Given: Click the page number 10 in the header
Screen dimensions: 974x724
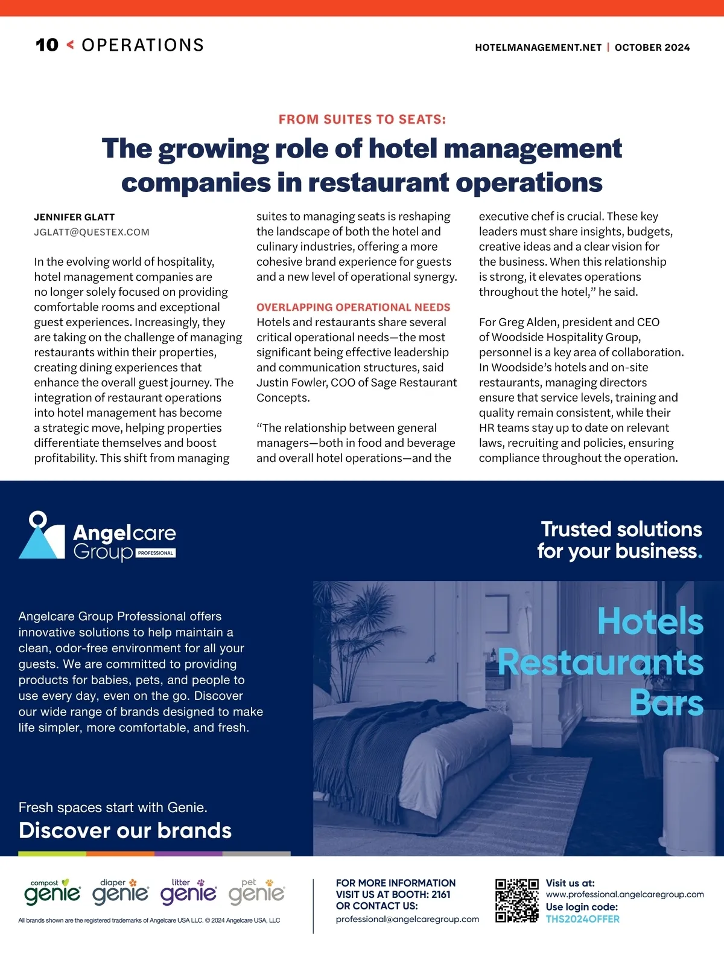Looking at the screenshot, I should (x=47, y=45).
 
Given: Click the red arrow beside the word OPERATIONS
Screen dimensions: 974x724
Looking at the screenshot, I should (x=70, y=45).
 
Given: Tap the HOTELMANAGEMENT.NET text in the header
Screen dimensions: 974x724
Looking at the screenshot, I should (x=538, y=48).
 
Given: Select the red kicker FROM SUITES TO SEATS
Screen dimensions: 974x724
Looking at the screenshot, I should (x=362, y=120).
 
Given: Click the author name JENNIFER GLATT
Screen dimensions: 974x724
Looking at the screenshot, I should (x=74, y=217).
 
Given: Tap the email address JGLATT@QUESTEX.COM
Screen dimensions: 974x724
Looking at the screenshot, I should (x=92, y=232).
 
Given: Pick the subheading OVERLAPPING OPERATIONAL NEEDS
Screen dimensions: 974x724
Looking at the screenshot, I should (x=353, y=307).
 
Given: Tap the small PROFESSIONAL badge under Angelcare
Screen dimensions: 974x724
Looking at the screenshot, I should (x=156, y=553).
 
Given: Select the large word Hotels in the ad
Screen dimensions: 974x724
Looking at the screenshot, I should (x=650, y=621).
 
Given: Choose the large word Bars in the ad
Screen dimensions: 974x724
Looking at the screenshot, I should (x=666, y=703).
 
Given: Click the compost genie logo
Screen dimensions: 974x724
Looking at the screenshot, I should (x=52, y=892).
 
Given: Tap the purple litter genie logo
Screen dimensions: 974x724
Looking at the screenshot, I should (x=188, y=892).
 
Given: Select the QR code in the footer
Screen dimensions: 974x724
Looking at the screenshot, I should (x=517, y=900).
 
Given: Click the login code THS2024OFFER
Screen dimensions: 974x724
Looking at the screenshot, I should (x=582, y=920).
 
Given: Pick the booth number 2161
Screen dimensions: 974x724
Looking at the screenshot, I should (x=441, y=895).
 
